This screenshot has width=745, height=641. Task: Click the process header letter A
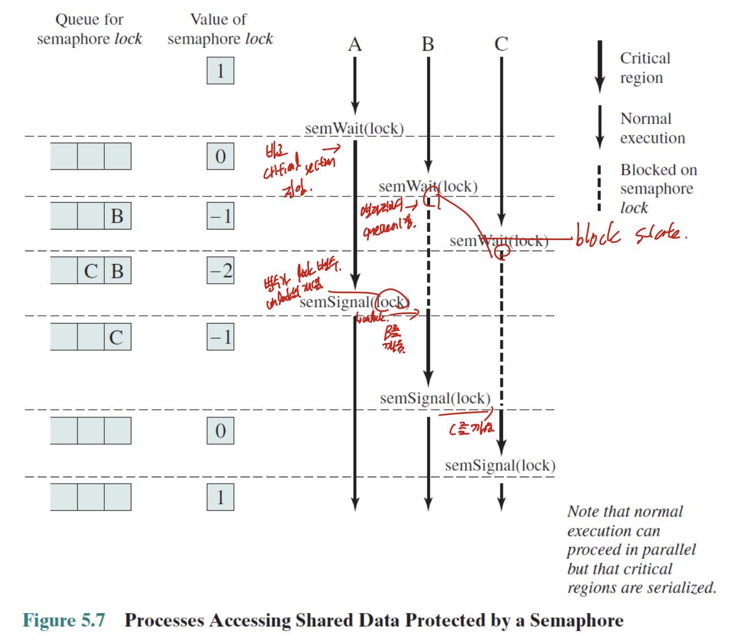point(355,44)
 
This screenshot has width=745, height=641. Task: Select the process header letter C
point(501,44)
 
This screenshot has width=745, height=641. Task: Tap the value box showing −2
point(221,270)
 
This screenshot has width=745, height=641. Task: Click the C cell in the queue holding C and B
point(91,270)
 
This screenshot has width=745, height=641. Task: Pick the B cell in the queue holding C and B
point(118,270)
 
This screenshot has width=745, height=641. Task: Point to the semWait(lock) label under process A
point(354,128)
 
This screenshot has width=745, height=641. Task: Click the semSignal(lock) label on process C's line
point(500,466)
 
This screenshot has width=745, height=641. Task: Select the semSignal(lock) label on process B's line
point(435,399)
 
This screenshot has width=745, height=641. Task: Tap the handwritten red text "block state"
point(630,234)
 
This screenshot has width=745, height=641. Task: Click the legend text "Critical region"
point(644,68)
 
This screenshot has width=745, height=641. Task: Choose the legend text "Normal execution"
point(652,128)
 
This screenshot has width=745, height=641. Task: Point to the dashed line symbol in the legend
point(599,188)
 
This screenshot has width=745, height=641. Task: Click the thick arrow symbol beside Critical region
point(599,66)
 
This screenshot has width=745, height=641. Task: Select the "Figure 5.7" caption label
point(64,620)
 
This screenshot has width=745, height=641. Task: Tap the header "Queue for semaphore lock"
point(89,29)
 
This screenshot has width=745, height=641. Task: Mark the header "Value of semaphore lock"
point(219,29)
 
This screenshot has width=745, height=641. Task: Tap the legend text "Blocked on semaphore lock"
point(658,188)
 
